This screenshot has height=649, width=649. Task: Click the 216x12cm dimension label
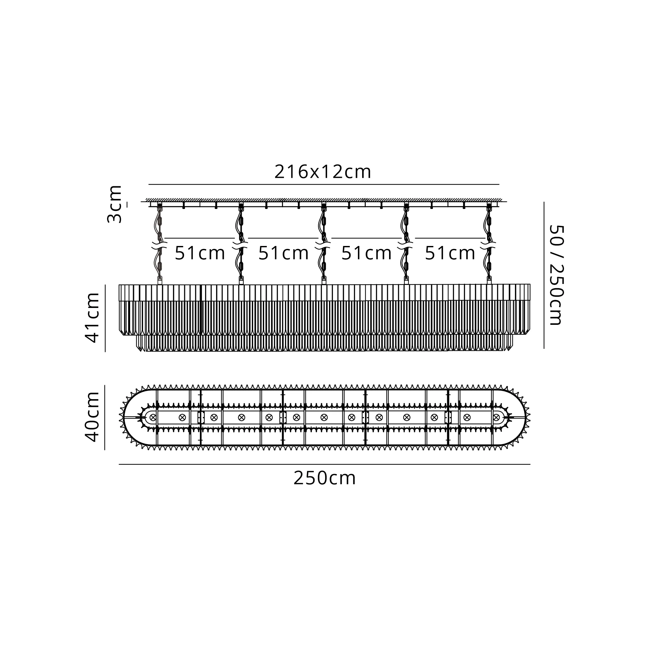[323, 172]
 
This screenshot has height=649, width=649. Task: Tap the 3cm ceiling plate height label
[115, 204]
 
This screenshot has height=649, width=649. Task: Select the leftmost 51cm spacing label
[200, 253]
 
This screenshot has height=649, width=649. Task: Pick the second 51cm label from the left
[283, 253]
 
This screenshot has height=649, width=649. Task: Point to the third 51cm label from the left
[366, 253]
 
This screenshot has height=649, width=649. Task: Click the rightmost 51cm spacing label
[450, 253]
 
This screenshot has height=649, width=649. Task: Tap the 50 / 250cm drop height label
[556, 275]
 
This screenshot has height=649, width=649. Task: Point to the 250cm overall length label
[324, 478]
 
